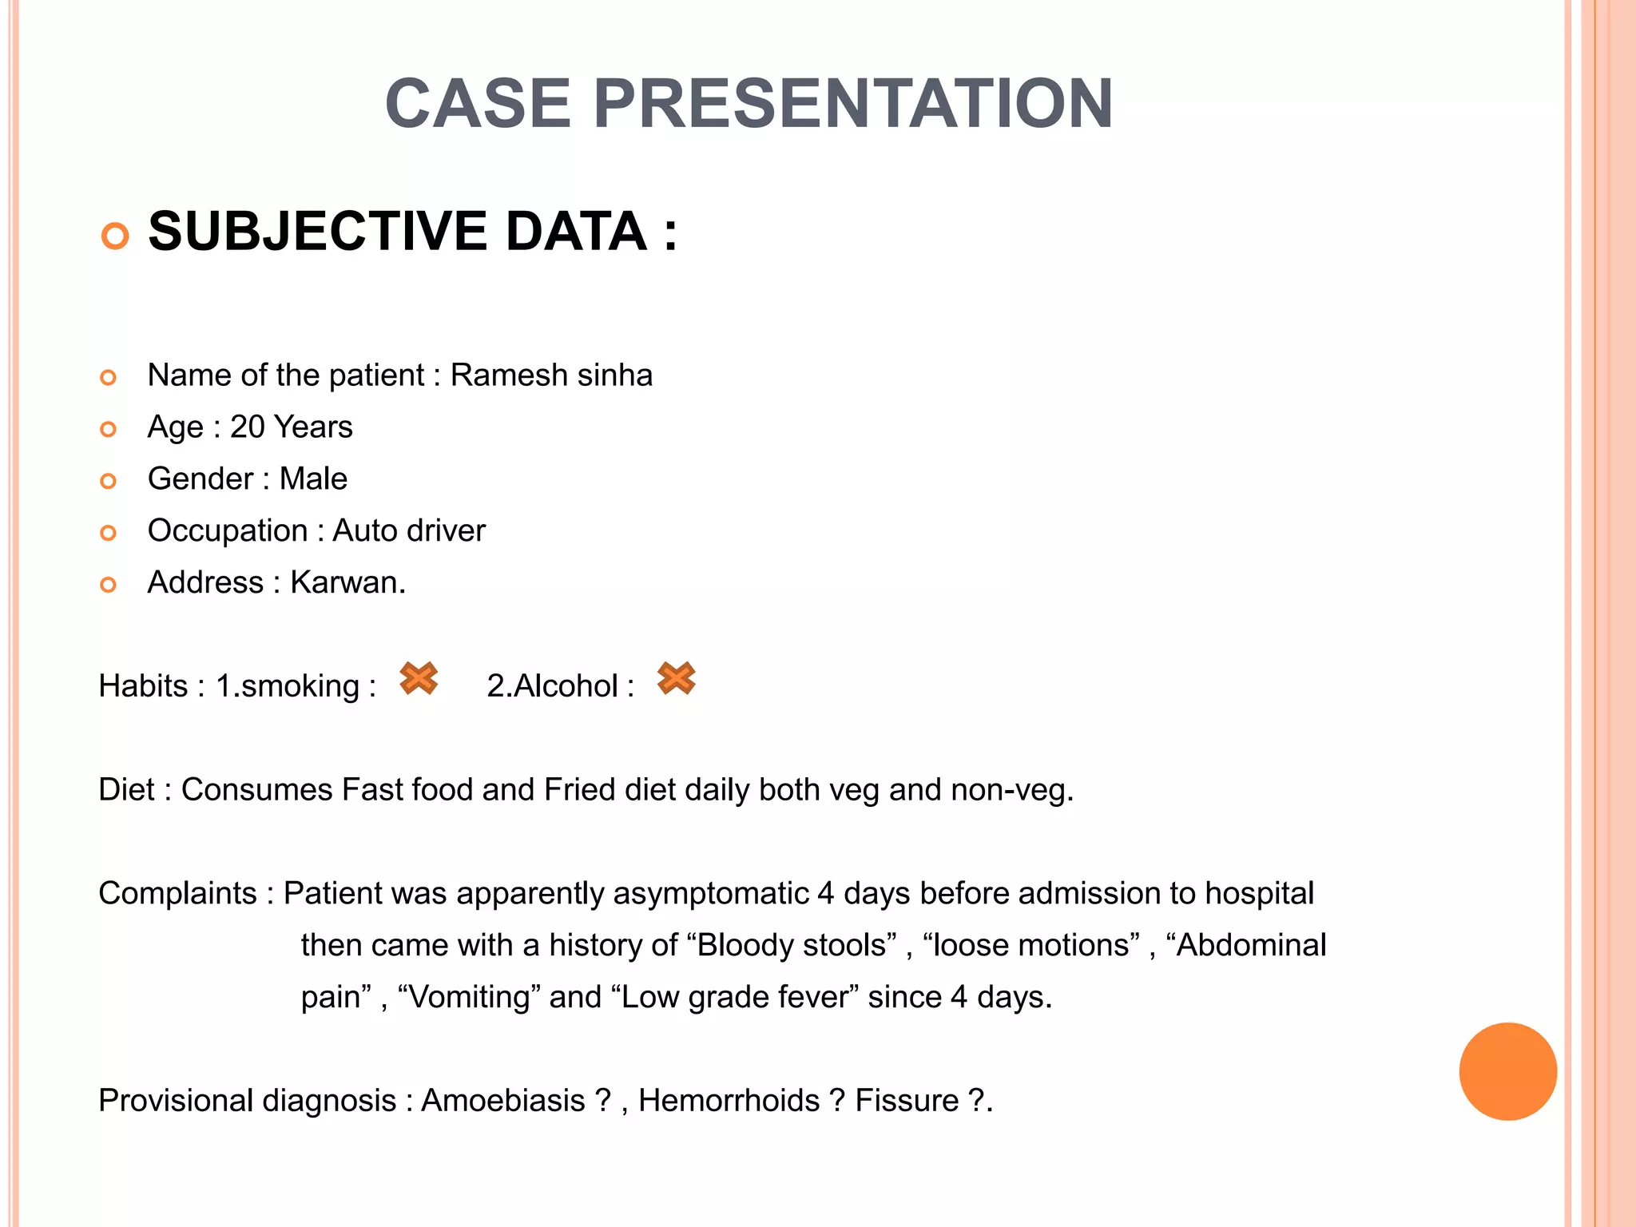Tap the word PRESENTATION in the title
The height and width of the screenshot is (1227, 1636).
pyautogui.click(x=852, y=103)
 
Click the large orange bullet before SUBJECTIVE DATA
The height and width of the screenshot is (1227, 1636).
pyautogui.click(x=115, y=236)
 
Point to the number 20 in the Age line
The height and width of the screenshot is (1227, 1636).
pyautogui.click(x=247, y=427)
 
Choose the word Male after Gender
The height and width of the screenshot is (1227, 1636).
pyautogui.click(x=313, y=478)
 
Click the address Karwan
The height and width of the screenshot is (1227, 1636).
pyautogui.click(x=347, y=582)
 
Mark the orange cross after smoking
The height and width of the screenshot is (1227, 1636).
pyautogui.click(x=419, y=679)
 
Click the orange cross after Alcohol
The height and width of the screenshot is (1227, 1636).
pyautogui.click(x=677, y=679)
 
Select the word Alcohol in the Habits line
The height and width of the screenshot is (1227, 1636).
pyautogui.click(x=566, y=685)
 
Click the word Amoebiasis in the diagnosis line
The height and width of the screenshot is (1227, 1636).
pyautogui.click(x=503, y=1100)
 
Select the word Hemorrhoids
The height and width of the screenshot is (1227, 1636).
pyautogui.click(x=729, y=1100)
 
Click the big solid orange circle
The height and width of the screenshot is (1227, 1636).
pyautogui.click(x=1507, y=1071)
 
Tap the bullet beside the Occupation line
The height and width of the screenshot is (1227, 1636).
pyautogui.click(x=109, y=533)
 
